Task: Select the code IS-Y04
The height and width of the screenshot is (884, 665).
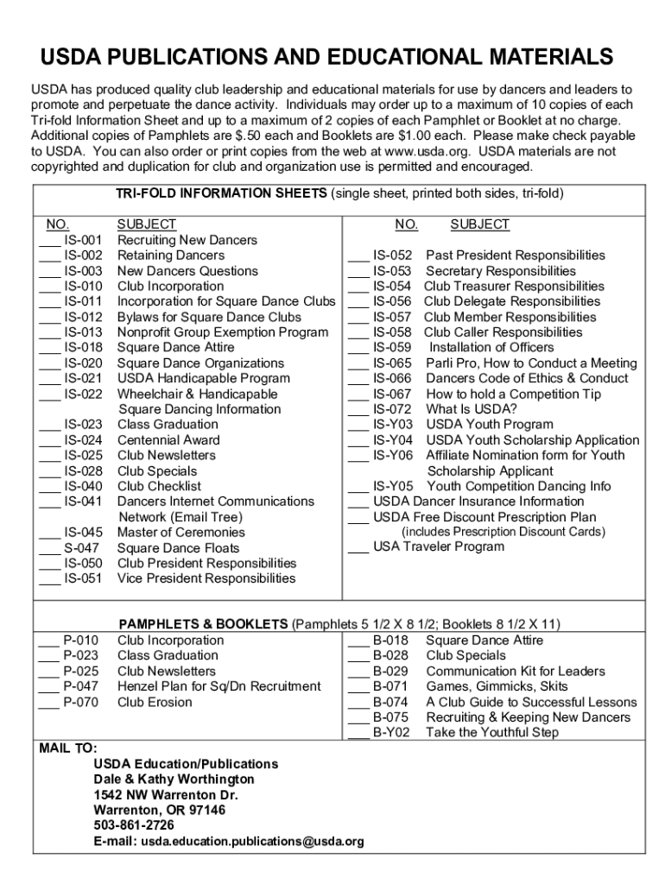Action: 393,440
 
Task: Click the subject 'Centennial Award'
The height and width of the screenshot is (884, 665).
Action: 168,440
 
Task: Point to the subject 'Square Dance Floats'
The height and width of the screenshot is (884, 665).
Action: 178,548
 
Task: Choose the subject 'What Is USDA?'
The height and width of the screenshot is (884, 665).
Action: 472,409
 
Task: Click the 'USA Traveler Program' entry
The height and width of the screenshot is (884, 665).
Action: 439,546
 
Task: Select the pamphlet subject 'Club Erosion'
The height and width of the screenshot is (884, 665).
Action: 155,703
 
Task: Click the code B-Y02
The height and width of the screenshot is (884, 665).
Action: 391,733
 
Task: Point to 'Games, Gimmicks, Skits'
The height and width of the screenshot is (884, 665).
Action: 497,687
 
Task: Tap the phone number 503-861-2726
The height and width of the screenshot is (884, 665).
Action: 134,826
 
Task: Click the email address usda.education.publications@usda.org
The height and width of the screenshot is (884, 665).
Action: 252,842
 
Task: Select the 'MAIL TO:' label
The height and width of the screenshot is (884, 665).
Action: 68,748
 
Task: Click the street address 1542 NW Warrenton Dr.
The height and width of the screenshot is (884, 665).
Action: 166,795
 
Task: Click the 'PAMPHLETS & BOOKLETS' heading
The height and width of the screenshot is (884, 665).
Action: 203,624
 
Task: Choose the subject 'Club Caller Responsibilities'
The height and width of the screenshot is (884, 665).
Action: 503,332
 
